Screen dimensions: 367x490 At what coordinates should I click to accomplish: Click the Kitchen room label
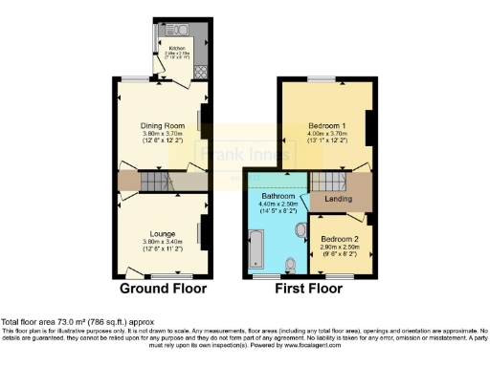point(177,47)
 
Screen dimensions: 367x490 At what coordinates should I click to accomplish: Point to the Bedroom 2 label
point(339,238)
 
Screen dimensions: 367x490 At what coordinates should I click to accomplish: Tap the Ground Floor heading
point(160,287)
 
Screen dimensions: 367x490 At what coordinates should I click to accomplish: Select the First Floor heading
point(309,287)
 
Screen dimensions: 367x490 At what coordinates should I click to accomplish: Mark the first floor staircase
point(329,182)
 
